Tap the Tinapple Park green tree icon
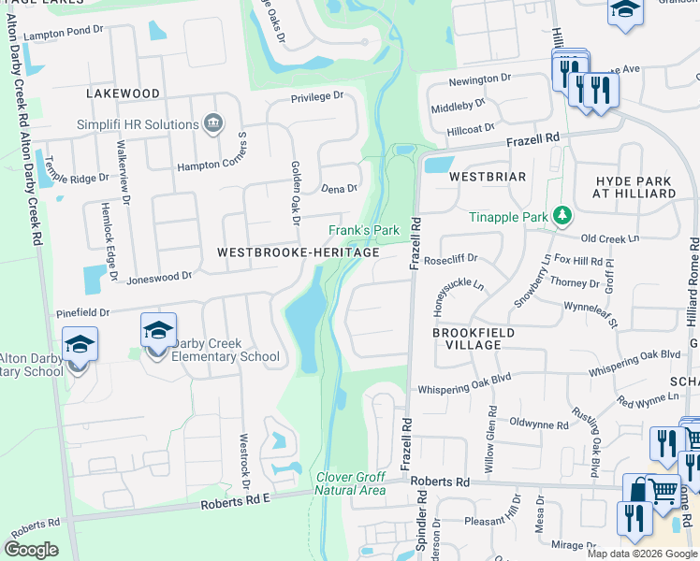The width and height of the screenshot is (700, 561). tap(561, 217)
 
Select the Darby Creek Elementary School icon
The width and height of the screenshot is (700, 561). tap(159, 329)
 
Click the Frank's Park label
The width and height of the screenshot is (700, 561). tap(364, 230)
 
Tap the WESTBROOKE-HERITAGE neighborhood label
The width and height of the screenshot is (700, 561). tap(298, 252)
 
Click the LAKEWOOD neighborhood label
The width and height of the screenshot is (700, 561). tap(123, 93)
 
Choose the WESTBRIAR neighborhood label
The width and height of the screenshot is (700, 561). tap(487, 176)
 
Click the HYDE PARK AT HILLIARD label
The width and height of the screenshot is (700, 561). tap(634, 186)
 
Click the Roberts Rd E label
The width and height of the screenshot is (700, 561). tap(235, 502)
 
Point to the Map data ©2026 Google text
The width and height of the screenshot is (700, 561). tap(641, 554)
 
